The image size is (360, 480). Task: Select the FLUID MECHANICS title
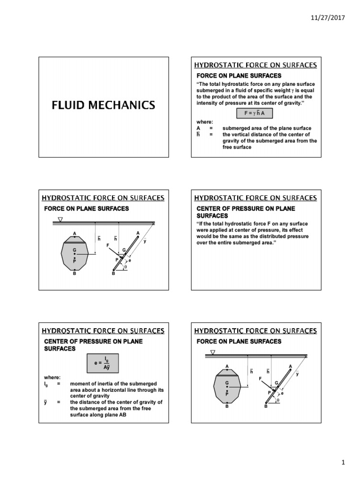click(x=103, y=105)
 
